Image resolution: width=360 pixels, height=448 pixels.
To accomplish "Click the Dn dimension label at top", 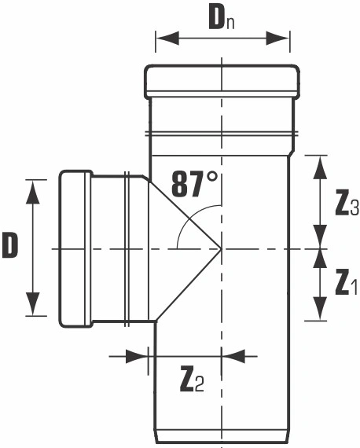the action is pos(222,20).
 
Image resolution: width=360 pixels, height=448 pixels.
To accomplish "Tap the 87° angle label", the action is pos(194,184).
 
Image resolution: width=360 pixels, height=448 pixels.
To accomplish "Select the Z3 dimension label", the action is pos(347,204).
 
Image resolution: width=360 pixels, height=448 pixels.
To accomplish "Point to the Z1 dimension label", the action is pos(346,284).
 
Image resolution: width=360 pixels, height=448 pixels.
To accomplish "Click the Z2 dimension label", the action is pos(192,381).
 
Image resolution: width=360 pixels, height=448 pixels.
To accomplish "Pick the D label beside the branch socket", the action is pos(10,244).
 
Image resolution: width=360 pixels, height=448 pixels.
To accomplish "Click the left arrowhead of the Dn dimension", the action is pos(167,39).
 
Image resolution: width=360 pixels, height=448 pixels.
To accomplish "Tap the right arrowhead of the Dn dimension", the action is pos(277,39).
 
